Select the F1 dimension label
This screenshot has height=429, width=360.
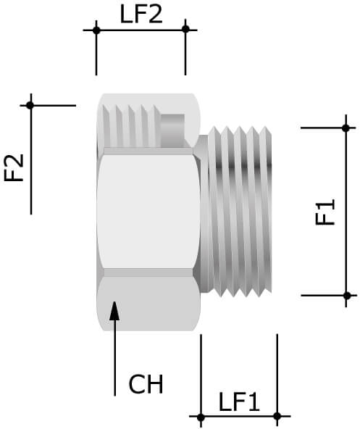pyautogui.click(x=327, y=212)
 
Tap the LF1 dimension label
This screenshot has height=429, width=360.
pyautogui.click(x=238, y=402)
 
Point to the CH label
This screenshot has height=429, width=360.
pyautogui.click(x=146, y=384)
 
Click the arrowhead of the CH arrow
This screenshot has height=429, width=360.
pyautogui.click(x=114, y=311)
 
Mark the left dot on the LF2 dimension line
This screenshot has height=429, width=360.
pyautogui.click(x=96, y=30)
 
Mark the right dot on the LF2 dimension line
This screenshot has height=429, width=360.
pyautogui.click(x=185, y=29)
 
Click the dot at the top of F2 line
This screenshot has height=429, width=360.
pyautogui.click(x=30, y=106)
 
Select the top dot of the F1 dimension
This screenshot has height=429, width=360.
pyautogui.click(x=346, y=128)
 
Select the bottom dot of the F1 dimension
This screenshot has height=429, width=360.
pyautogui.click(x=346, y=295)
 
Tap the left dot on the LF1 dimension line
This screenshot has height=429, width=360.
pyautogui.click(x=201, y=416)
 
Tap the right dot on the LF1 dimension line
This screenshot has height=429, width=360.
pyautogui.click(x=277, y=416)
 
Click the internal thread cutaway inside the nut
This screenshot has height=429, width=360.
pyautogui.click(x=130, y=125)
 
